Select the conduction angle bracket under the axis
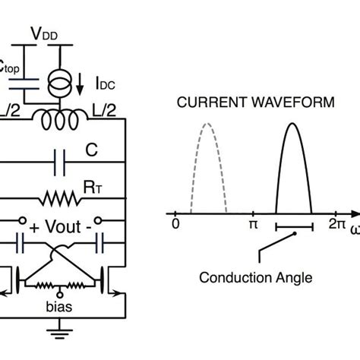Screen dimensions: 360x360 [x=294, y=227]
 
